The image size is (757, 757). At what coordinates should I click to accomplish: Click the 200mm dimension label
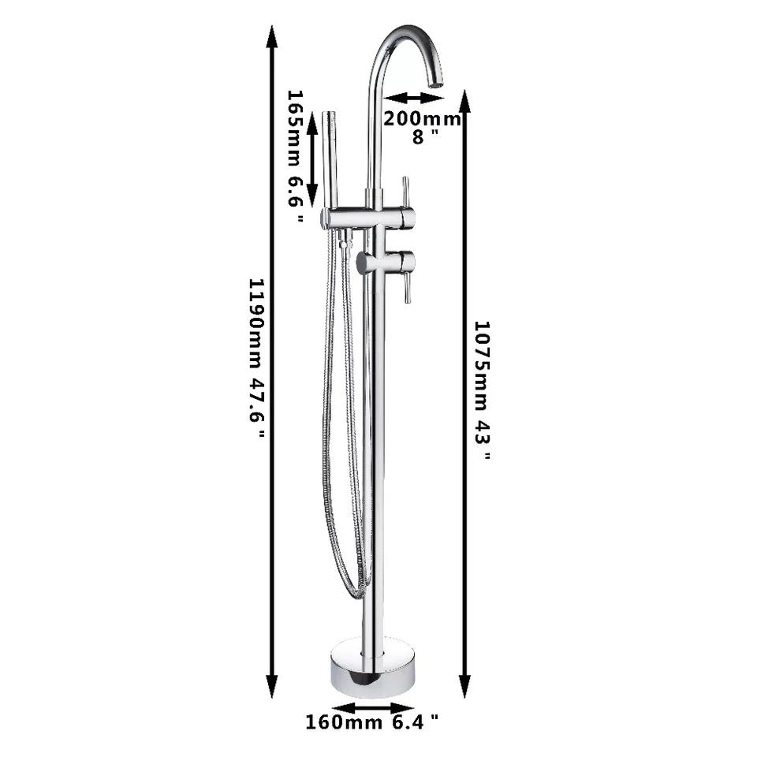[422, 118]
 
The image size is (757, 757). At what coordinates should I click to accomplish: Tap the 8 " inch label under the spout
[425, 136]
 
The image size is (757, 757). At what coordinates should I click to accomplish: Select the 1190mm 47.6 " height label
[257, 358]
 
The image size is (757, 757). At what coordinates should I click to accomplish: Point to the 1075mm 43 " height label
[482, 390]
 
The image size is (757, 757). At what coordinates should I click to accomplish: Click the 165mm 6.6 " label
[296, 156]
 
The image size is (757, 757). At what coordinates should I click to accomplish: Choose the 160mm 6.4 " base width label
[372, 722]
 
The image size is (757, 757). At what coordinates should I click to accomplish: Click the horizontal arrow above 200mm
[414, 98]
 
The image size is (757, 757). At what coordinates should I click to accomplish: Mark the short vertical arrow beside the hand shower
[312, 155]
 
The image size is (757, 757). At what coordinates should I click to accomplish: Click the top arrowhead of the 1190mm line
[272, 36]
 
